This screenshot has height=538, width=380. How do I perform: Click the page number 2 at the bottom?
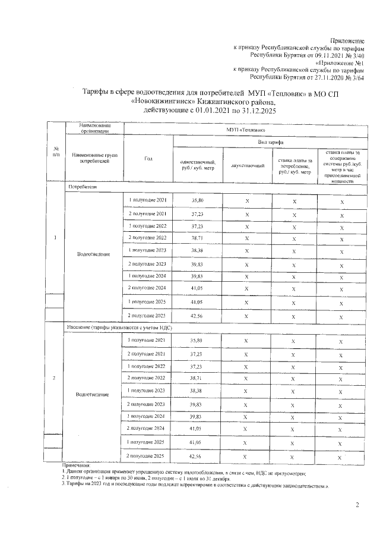pos(357,505)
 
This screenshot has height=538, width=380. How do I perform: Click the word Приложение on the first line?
pos(347,40)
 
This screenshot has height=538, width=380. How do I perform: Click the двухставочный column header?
pos(246,165)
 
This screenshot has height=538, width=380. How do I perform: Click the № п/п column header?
pos(56,152)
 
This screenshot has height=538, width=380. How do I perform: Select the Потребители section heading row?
pos(83,187)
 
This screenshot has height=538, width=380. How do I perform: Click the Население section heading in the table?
pos(113,328)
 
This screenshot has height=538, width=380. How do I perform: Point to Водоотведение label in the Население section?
pos(93,395)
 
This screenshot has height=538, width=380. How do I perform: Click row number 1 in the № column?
pos(55,239)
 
